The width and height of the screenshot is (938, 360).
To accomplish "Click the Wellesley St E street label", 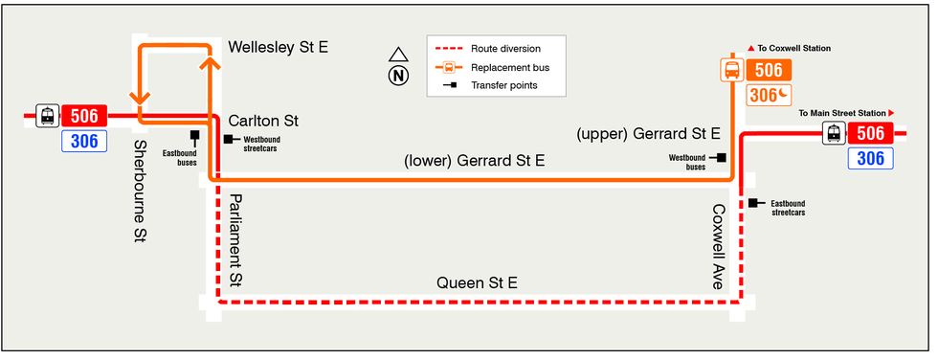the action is [x=279, y=47].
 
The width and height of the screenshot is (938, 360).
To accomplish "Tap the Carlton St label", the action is [x=263, y=121].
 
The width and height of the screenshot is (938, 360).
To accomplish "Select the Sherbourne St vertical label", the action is [x=140, y=191].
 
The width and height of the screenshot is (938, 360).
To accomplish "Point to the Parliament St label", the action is [x=235, y=241].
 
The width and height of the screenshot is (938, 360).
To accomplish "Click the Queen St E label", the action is [x=477, y=282].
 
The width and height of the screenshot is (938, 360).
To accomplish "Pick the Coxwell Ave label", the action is [x=719, y=246].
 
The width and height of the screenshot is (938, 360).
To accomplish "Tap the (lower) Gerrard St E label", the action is [x=475, y=160].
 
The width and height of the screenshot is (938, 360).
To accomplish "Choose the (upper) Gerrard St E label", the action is [x=648, y=134].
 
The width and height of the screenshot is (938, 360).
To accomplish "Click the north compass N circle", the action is [x=398, y=76].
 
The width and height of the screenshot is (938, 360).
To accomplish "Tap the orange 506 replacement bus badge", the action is [x=768, y=70].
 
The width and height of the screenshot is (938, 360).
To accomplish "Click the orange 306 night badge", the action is [x=768, y=95].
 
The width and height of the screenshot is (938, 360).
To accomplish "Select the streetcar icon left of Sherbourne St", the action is [x=47, y=116].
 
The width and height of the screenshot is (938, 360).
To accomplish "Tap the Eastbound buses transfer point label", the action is [x=180, y=158].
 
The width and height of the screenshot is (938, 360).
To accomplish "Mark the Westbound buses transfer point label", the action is [x=687, y=162].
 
